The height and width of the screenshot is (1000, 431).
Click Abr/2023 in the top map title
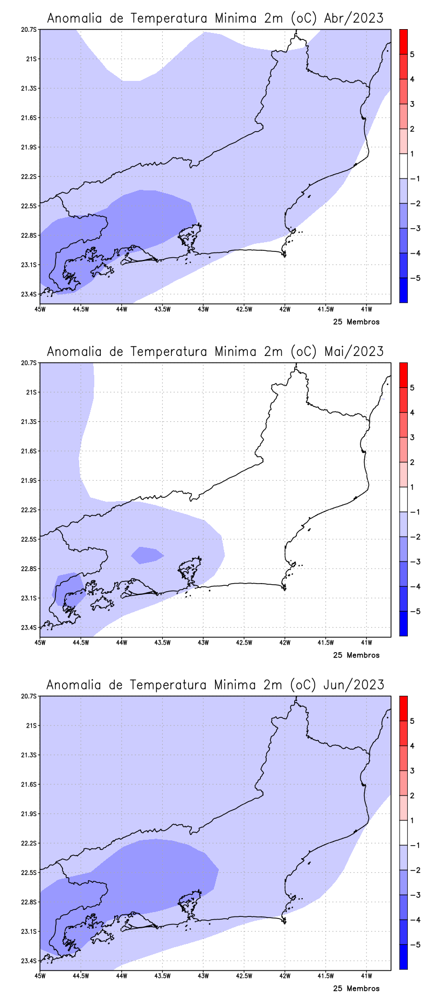click(354, 19)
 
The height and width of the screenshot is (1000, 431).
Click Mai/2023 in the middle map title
click(354, 352)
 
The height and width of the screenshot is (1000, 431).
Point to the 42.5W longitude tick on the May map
click(244, 642)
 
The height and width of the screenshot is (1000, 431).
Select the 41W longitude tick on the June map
click(366, 976)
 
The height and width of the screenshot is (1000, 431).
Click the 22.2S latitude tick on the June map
click(29, 843)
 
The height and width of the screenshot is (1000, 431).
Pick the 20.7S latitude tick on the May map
click(29, 363)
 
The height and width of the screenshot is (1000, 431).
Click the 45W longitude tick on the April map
click(40, 309)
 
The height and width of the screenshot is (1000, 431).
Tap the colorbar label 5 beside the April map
click(412, 54)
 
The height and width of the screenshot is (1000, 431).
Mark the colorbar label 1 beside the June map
click(412, 821)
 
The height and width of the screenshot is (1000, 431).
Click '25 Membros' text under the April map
click(356, 322)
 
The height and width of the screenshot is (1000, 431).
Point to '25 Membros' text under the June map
click(356, 989)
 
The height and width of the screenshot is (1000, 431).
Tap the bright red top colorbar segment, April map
click(403, 42)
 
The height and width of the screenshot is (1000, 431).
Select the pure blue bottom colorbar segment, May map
click(403, 624)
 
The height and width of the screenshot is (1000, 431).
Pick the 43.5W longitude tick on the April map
click(162, 309)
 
